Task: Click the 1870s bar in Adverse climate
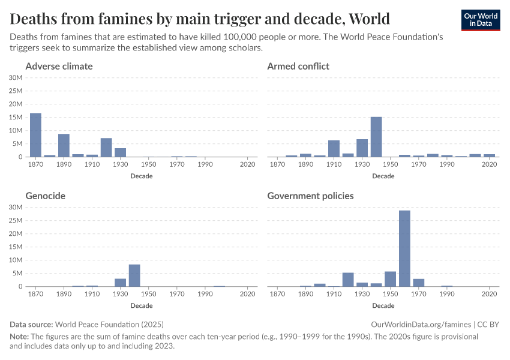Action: click(x=35, y=135)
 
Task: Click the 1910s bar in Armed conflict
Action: click(x=334, y=149)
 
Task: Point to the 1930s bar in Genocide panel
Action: click(x=121, y=283)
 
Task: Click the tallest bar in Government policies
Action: click(x=404, y=248)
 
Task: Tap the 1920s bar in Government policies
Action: click(x=348, y=280)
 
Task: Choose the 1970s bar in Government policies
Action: click(x=419, y=283)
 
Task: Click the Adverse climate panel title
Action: click(x=59, y=66)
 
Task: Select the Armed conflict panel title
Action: click(x=298, y=66)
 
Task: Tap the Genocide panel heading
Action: click(x=46, y=196)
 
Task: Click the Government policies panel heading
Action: click(x=310, y=196)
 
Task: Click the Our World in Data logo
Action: click(x=480, y=20)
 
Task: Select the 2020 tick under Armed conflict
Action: click(x=490, y=164)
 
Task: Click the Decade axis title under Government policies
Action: click(x=383, y=305)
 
